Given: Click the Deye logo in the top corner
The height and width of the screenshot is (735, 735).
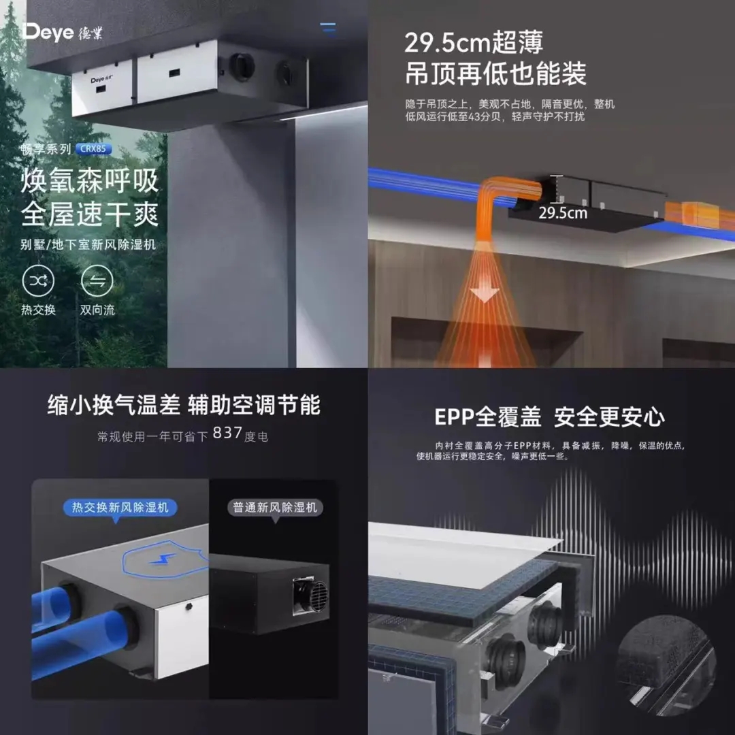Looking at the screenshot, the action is pyautogui.click(x=62, y=33).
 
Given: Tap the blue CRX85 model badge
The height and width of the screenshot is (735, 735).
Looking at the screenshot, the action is pyautogui.click(x=93, y=149).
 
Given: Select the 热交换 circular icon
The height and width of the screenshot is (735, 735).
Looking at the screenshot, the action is pyautogui.click(x=38, y=281).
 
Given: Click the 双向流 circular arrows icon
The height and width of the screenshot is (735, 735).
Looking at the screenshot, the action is pyautogui.click(x=97, y=281).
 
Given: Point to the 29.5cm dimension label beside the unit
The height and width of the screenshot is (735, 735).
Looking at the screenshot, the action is pyautogui.click(x=563, y=213).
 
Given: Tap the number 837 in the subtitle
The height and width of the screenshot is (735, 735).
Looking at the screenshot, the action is pyautogui.click(x=227, y=433).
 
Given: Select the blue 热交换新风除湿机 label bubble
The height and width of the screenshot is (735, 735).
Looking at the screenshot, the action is pyautogui.click(x=120, y=508).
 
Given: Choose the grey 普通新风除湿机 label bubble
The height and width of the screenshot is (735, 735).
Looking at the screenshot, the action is pyautogui.click(x=275, y=508).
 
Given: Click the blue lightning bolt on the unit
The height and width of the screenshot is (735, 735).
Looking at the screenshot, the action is pyautogui.click(x=163, y=559).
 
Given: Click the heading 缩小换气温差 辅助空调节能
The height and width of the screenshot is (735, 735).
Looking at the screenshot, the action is pyautogui.click(x=184, y=405).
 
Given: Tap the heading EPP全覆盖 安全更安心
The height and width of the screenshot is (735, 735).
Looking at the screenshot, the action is pyautogui.click(x=549, y=416).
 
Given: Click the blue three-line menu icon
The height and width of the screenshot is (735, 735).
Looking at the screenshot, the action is pyautogui.click(x=328, y=29).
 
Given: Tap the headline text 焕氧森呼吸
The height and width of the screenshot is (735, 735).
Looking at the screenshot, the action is pyautogui.click(x=90, y=182).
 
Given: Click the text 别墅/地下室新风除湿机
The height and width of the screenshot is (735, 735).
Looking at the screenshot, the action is pyautogui.click(x=88, y=245).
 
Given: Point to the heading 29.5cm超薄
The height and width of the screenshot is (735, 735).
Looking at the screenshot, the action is pyautogui.click(x=474, y=43).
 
